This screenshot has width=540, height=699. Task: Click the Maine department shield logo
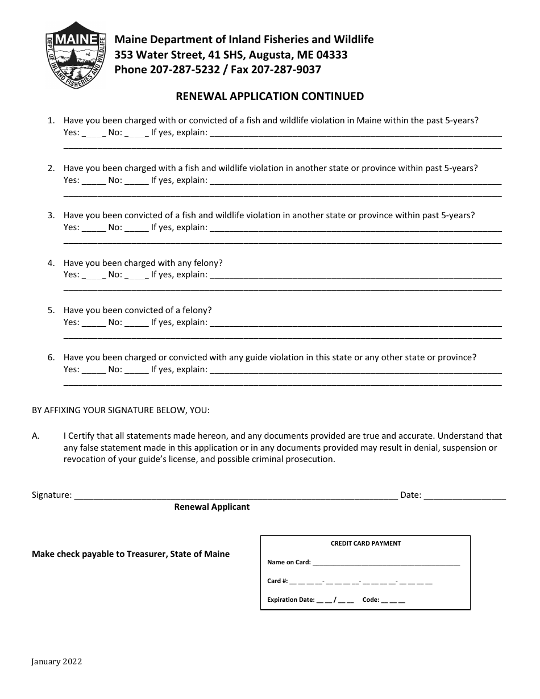76,55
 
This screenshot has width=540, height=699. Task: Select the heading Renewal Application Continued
269,96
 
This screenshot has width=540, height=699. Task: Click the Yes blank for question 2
94,181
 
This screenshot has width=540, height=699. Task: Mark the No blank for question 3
136,228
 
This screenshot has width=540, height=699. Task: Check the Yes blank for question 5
94,323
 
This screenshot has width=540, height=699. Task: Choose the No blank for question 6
136,370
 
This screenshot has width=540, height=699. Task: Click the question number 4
51,263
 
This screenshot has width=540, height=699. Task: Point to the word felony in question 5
198,310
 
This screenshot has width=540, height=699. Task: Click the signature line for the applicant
235,496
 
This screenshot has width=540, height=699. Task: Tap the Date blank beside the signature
464,496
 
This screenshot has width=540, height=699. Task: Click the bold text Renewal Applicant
211,507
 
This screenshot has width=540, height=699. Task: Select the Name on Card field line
386,563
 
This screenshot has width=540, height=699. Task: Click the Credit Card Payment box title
365,543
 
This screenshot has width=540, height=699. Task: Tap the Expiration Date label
290,600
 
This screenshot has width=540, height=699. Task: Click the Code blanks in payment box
393,600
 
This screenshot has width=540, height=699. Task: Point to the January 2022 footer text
57,661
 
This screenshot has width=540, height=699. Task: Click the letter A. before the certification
36,436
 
